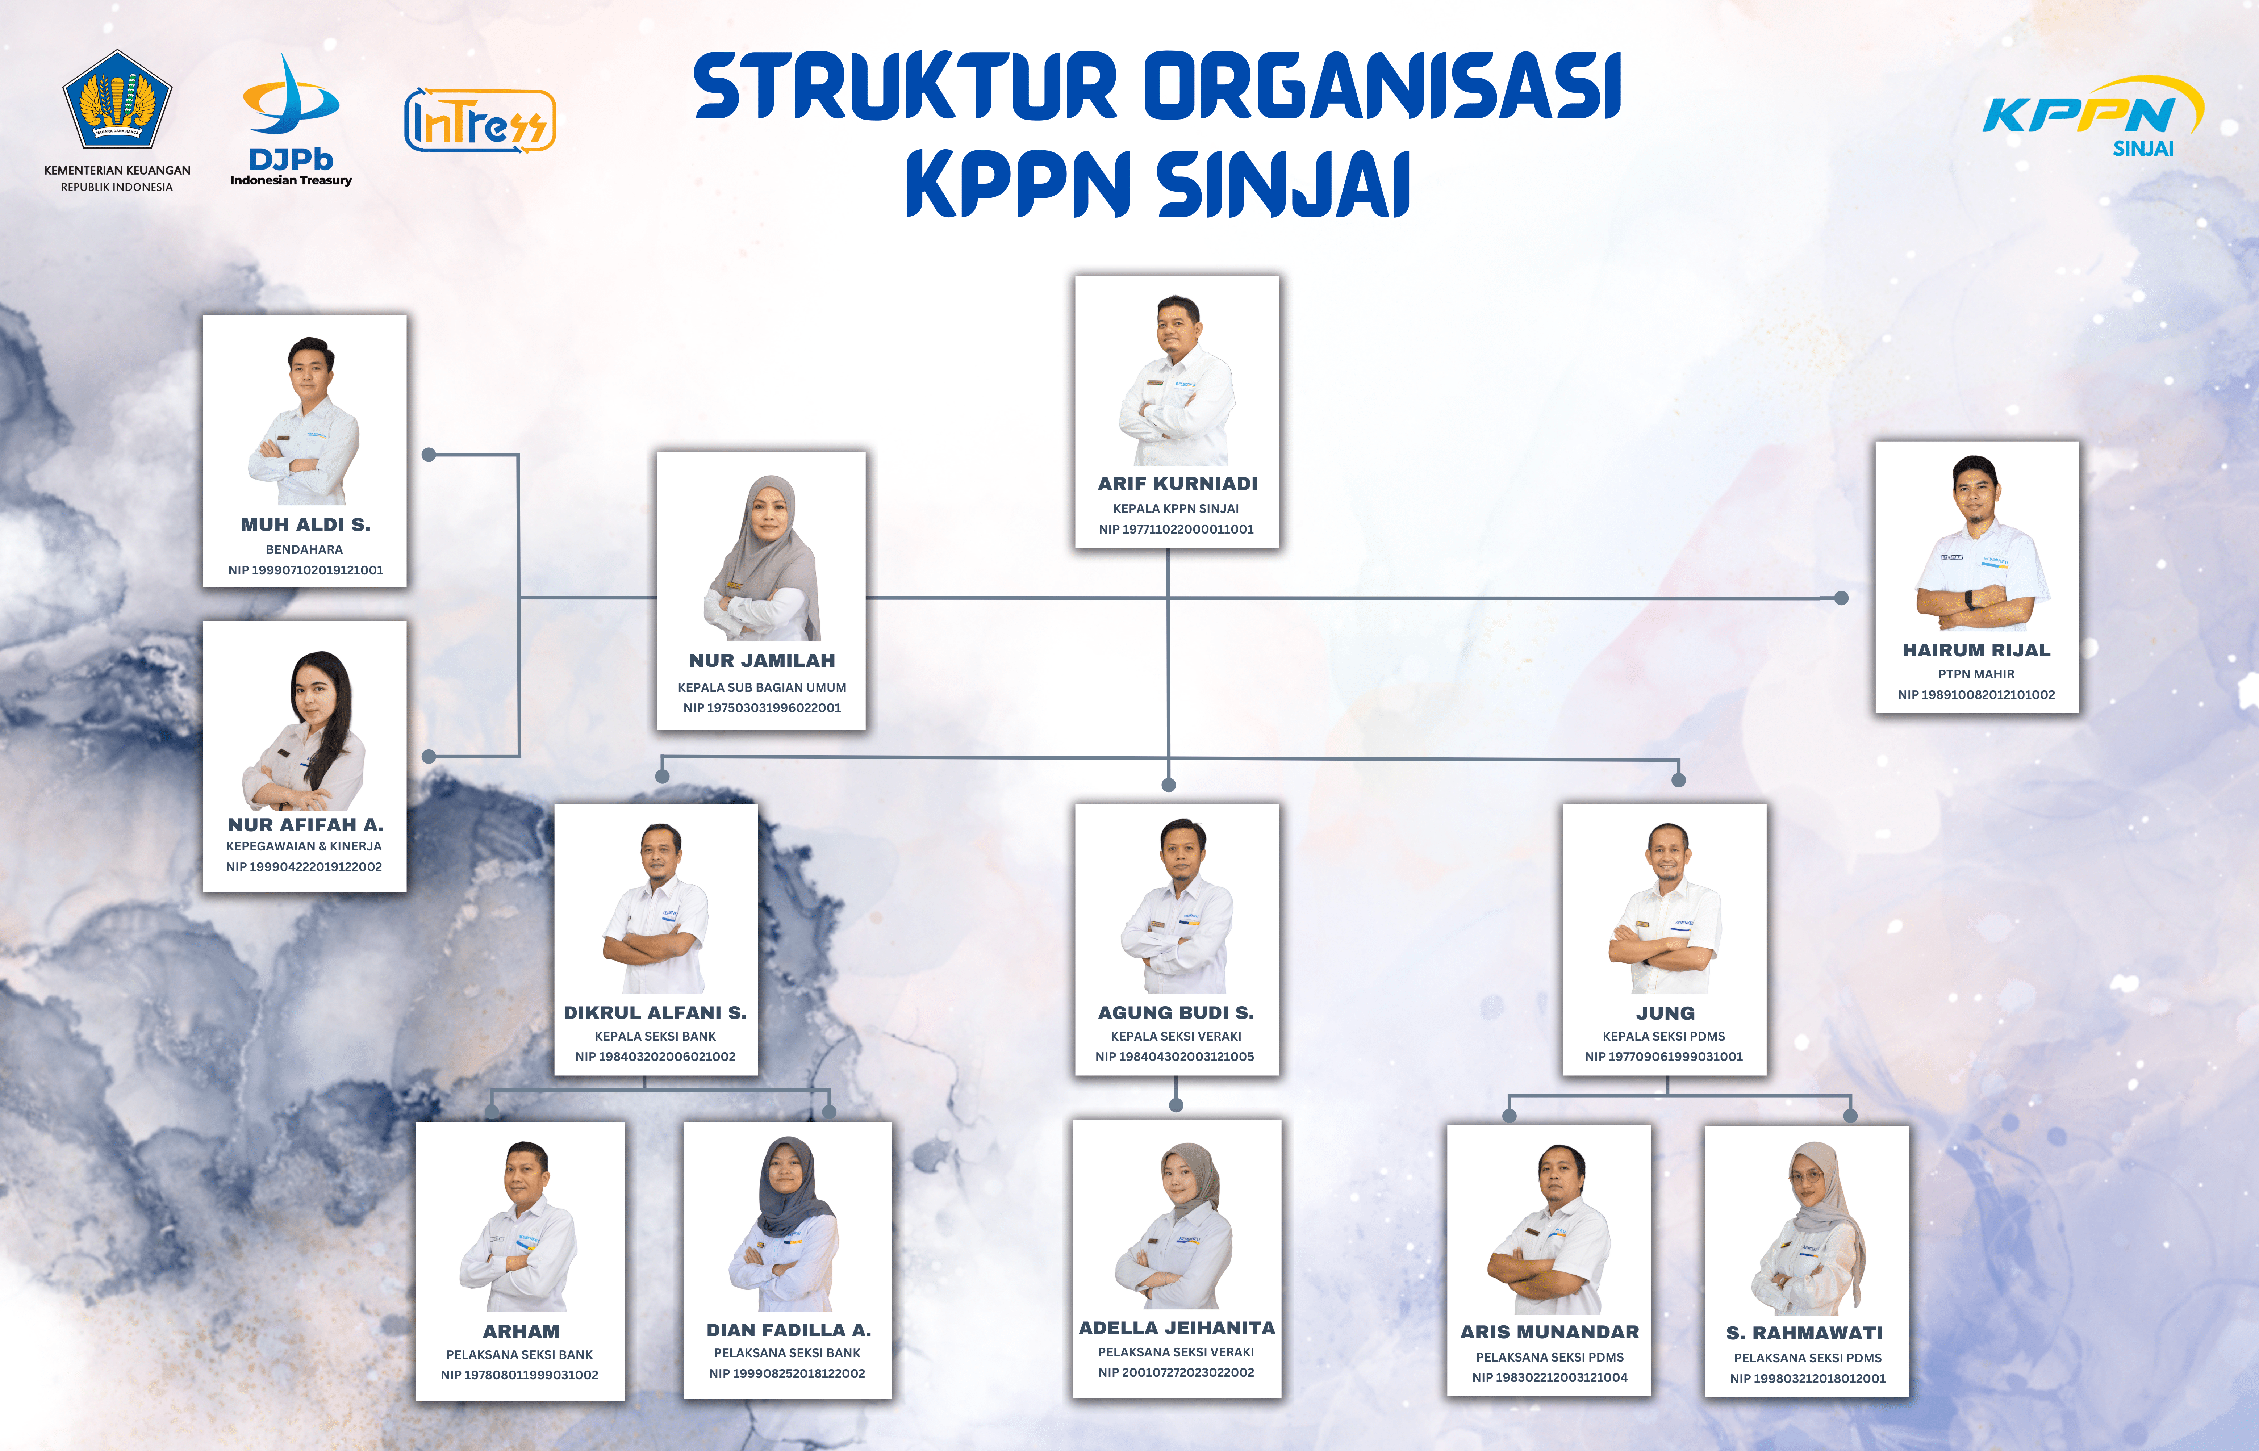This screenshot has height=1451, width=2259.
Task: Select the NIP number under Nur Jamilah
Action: (x=762, y=708)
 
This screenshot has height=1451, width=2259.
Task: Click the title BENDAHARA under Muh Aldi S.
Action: (x=304, y=549)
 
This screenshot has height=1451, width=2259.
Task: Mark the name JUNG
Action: (x=1666, y=1013)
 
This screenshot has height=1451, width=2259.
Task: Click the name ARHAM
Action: (x=521, y=1331)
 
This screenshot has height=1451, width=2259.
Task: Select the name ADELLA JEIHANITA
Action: (x=1177, y=1327)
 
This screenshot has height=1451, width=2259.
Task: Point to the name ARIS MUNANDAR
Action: (x=1550, y=1332)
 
